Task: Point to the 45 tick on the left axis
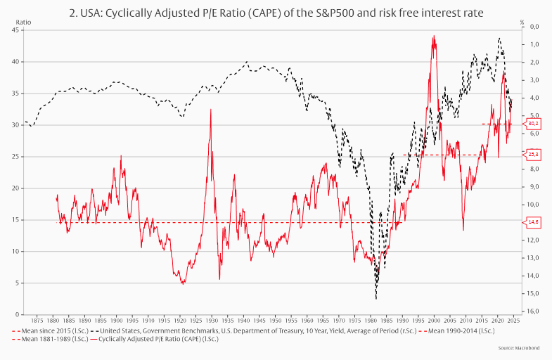point(15,30)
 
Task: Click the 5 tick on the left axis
point(17,283)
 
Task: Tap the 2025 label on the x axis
point(513,320)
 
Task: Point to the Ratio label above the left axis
point(23,22)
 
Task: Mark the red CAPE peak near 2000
point(434,37)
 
